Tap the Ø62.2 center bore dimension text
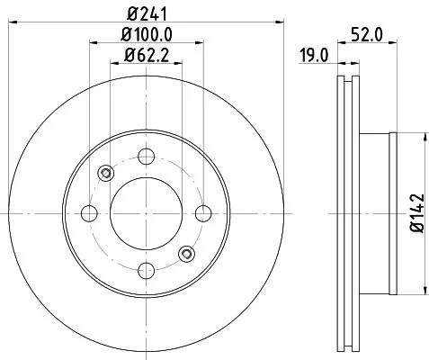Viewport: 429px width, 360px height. [x=147, y=61]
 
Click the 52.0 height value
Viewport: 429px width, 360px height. [x=362, y=36]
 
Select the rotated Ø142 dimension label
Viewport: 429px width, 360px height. [x=416, y=213]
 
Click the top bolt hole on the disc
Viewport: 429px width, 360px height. [x=147, y=155]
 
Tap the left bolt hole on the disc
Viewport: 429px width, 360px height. [x=89, y=213]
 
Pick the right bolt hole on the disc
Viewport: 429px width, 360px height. [x=204, y=213]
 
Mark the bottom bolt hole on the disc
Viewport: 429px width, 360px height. [x=147, y=271]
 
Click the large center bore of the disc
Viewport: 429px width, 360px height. [x=147, y=213]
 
